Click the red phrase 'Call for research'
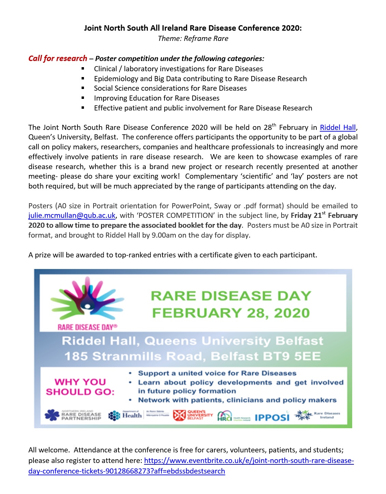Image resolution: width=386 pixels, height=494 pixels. tap(58, 58)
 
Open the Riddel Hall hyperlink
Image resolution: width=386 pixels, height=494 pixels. tap(338, 128)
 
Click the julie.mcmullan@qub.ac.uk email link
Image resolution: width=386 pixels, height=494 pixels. tap(72, 215)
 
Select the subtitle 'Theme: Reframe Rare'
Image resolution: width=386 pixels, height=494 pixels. tap(193, 39)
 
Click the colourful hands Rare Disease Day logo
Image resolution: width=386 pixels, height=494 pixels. tap(87, 300)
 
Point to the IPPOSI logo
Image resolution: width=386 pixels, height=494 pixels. tap(272, 417)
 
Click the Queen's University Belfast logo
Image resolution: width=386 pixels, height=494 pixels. tap(193, 415)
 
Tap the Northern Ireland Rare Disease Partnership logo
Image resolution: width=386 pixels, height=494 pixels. tap(73, 415)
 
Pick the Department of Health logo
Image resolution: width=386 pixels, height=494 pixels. tap(125, 415)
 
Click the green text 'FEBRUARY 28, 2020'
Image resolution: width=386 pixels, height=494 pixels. tap(231, 313)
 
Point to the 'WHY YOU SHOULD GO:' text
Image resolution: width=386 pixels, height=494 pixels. tap(80, 387)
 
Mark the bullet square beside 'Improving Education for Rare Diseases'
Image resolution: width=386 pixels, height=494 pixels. tap(83, 98)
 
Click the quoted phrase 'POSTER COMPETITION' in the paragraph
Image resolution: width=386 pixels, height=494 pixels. tap(175, 215)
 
